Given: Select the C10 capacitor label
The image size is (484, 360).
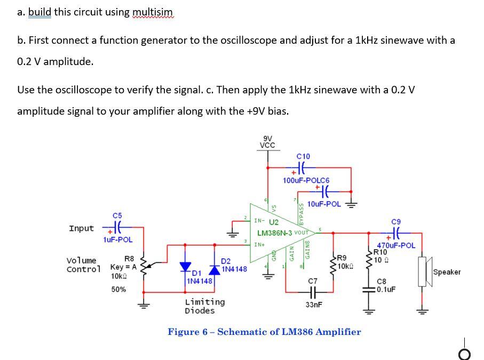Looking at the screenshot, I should pos(303,156).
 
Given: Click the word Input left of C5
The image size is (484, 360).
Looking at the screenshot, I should pos(81,228).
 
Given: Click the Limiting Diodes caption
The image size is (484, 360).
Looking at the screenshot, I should pos(204,306).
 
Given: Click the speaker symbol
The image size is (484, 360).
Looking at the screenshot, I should pos(425,272).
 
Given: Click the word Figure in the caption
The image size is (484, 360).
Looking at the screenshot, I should pos(184,332).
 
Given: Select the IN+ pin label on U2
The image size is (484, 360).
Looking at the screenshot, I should pos(259,244).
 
